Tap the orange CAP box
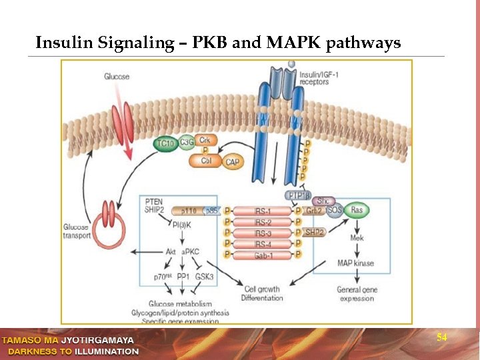232,161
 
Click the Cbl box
206,161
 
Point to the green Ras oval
357,210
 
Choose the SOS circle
335,211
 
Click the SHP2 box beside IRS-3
314,232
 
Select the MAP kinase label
355,263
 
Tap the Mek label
356,237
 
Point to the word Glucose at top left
117,77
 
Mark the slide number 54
441,338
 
